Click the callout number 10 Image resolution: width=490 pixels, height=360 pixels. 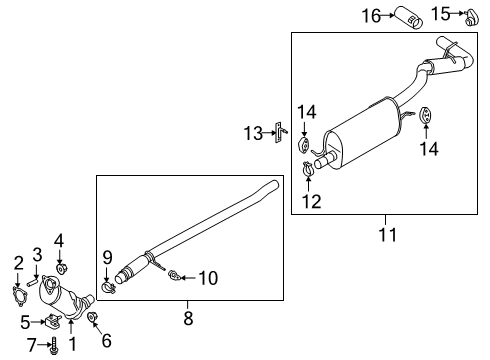(x=207, y=277)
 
